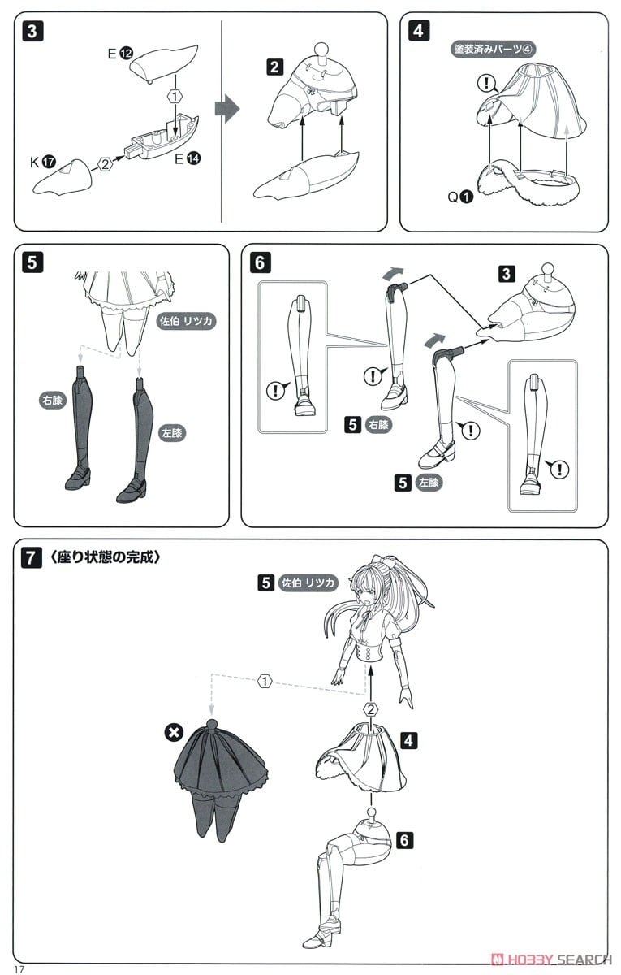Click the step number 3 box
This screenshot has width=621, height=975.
pos(32,32)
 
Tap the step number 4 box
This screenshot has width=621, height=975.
pos(419,31)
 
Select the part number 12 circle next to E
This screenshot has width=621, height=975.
pos(126,54)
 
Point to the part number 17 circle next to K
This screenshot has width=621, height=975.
pos(50,162)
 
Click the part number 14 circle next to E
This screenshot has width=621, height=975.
pos(193,158)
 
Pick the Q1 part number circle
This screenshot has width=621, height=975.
pos(466,197)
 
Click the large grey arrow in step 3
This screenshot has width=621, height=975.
pos(227,109)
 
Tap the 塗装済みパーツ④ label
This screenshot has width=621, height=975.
pos(493,50)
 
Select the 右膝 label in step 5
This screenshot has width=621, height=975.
pos(53,401)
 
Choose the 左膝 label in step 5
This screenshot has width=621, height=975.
pos(172,433)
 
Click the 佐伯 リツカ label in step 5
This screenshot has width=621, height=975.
pos(186,321)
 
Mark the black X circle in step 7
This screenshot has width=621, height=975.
pos(174,733)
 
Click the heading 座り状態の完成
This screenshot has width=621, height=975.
pos(106,557)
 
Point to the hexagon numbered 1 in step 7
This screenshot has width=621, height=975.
pos(265,681)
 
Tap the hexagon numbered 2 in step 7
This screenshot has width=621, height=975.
pos(370,710)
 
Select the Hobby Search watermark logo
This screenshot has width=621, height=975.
pos(551,960)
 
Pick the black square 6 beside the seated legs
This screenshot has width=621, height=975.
pos(404,839)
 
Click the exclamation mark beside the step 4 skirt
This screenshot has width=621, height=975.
pos(485,83)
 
